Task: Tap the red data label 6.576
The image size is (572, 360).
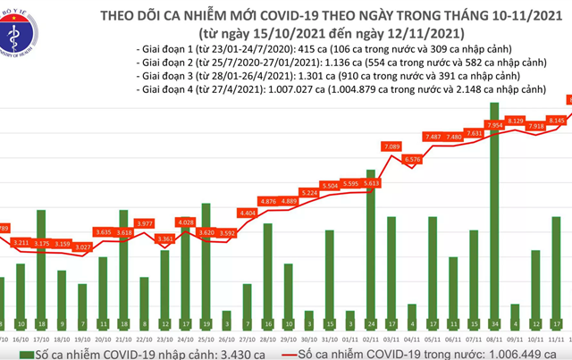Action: pyautogui.click(x=413, y=160)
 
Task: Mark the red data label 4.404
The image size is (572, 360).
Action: pyautogui.click(x=247, y=213)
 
